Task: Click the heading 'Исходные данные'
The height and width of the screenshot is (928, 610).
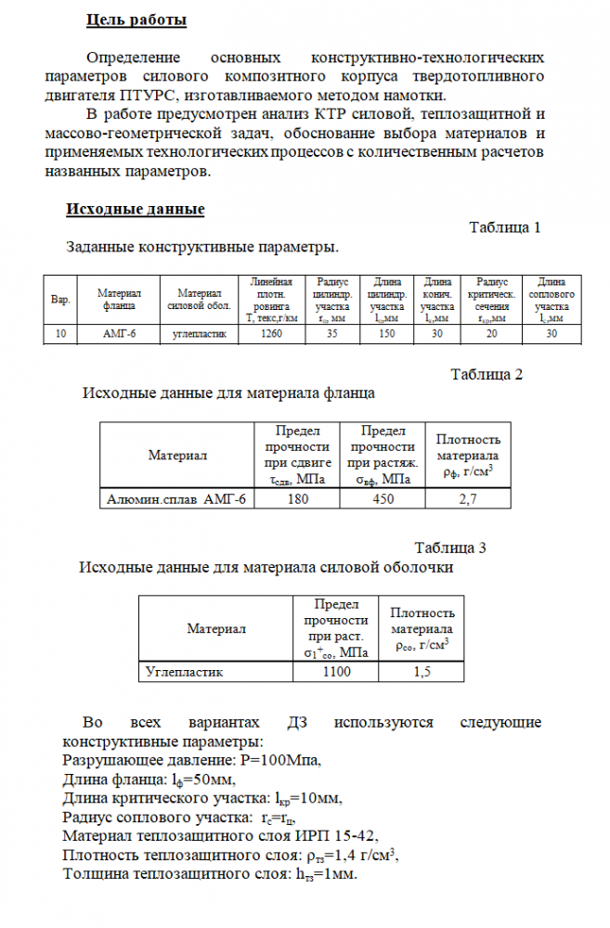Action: pyautogui.click(x=135, y=210)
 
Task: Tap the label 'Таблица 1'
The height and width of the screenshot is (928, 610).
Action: pyautogui.click(x=505, y=228)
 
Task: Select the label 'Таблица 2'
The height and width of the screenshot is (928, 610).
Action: pyautogui.click(x=487, y=375)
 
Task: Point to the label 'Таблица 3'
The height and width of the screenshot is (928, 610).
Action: pyautogui.click(x=450, y=548)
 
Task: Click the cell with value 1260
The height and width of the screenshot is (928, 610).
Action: pyautogui.click(x=272, y=334)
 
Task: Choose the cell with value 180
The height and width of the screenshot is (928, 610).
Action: pyautogui.click(x=297, y=499)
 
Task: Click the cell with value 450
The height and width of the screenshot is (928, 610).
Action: pyautogui.click(x=382, y=499)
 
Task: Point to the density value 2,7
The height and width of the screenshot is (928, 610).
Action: pyautogui.click(x=468, y=499)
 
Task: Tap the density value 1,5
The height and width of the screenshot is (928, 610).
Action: pyautogui.click(x=422, y=671)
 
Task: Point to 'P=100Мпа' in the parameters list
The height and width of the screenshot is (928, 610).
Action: pyautogui.click(x=277, y=759)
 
